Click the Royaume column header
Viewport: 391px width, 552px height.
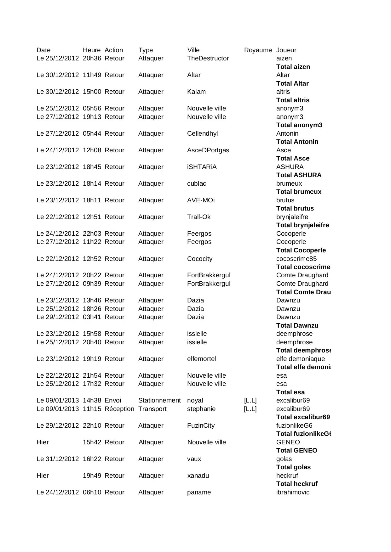pos(258,50)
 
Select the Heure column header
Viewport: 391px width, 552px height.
pos(91,50)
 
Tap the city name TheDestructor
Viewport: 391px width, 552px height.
pos(208,58)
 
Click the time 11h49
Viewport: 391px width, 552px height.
pos(92,75)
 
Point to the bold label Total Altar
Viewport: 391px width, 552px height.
pos(292,83)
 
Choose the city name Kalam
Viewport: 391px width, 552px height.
pos(196,92)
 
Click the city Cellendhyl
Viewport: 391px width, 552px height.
pos(202,133)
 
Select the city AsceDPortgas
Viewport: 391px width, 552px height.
pos(208,150)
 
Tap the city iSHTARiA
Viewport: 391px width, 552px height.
pos(202,167)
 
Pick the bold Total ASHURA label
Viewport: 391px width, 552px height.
pos(299,175)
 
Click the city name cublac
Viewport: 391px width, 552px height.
pos(197,183)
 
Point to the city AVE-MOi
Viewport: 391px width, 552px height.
pos(201,200)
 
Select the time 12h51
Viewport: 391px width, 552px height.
pos(92,217)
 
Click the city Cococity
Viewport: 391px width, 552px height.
pos(200,259)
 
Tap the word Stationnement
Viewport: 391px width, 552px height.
pos(159,400)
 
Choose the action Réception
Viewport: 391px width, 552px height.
pos(119,409)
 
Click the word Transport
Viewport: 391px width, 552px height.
pos(152,409)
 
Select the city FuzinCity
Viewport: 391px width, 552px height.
pos(201,425)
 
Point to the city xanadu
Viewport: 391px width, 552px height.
pos(198,476)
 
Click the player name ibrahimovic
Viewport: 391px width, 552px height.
pos(293,492)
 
